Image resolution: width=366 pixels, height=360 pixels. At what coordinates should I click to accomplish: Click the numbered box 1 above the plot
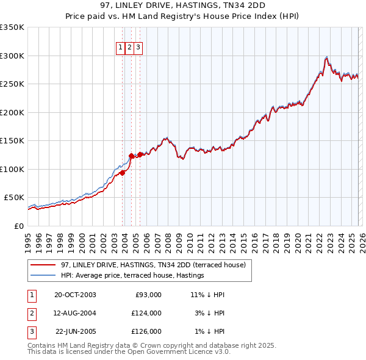[x=121, y=47]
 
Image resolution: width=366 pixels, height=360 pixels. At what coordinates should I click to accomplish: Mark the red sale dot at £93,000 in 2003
[x=123, y=173]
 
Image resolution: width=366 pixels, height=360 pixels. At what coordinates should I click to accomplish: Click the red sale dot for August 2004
[x=131, y=156]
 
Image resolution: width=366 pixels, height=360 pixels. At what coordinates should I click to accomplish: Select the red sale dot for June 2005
[x=140, y=154]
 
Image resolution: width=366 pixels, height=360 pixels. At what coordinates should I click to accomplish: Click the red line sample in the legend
[x=43, y=265]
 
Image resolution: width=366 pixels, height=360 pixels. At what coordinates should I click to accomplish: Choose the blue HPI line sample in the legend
[x=43, y=276]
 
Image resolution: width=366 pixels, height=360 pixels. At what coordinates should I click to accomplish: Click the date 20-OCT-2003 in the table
[x=75, y=295]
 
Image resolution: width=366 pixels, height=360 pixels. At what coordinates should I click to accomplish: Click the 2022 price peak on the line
[x=328, y=57]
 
